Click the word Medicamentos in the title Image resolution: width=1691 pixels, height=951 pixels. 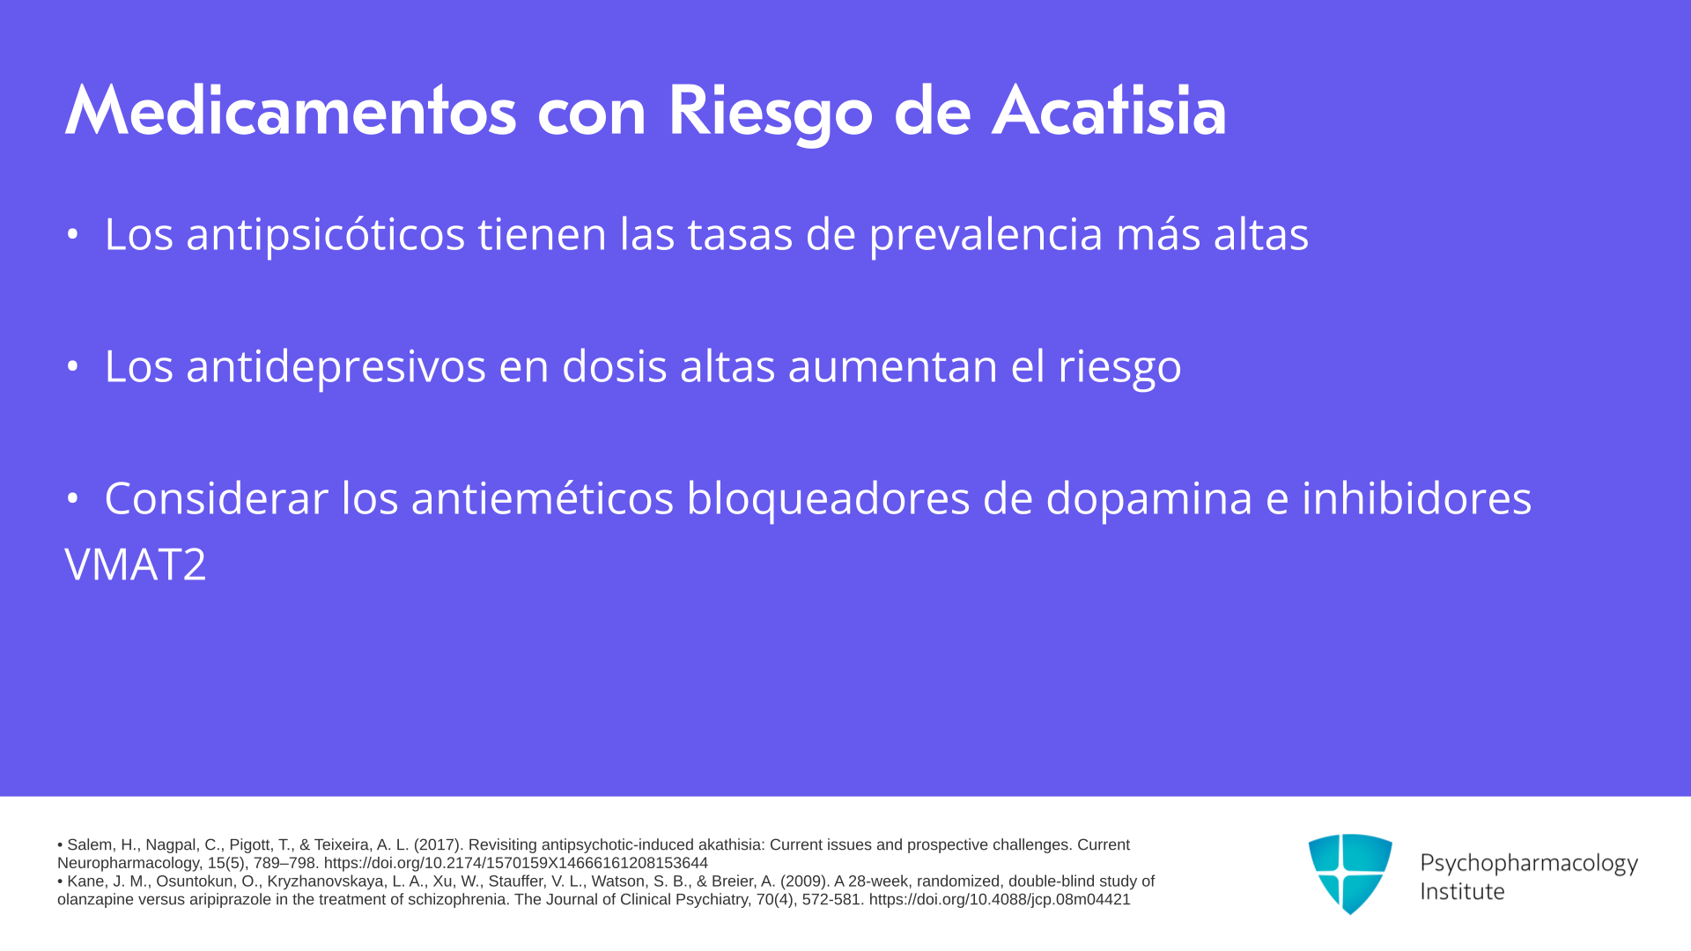[x=291, y=112]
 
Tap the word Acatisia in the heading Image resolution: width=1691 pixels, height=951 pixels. [x=1109, y=112]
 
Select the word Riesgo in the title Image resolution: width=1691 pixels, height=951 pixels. [x=771, y=114]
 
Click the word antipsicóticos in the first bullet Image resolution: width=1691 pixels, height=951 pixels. [x=325, y=235]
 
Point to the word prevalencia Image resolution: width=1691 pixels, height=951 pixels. [x=986, y=235]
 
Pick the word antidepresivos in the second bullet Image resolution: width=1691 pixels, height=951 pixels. [x=336, y=366]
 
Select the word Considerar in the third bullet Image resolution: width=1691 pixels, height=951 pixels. [x=216, y=498]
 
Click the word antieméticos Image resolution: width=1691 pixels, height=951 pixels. [x=542, y=498]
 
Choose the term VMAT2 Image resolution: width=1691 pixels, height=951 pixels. [x=136, y=564]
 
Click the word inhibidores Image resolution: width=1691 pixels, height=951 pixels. [x=1416, y=498]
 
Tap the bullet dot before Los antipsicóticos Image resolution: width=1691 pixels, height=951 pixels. [x=73, y=235]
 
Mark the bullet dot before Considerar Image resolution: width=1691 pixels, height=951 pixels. [x=73, y=499]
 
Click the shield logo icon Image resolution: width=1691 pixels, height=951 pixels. [x=1350, y=874]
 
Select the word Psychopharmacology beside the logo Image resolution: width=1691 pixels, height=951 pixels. [x=1529, y=863]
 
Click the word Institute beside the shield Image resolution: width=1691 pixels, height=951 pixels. [x=1462, y=891]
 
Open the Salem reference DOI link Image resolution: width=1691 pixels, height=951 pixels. [x=516, y=863]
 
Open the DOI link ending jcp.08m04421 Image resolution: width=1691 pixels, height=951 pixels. [x=1000, y=900]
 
